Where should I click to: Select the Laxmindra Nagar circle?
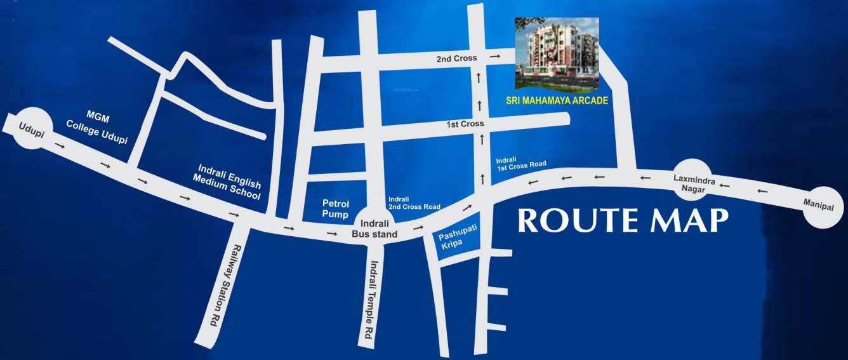694,179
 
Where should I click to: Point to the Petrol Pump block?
336,209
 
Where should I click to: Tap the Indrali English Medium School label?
229,182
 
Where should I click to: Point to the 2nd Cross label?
456,58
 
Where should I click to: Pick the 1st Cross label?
465,124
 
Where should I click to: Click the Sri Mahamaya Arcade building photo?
556,54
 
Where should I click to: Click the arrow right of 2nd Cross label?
494,58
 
